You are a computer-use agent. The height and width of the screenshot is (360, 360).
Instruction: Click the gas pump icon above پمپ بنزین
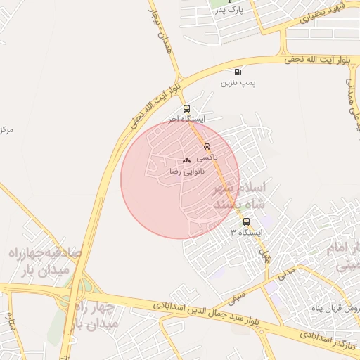tap(238, 72)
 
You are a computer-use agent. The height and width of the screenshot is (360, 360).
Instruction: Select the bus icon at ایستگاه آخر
tap(186, 108)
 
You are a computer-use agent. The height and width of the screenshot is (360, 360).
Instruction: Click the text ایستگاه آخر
tap(186, 120)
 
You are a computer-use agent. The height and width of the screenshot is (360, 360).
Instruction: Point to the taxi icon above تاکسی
tap(207, 146)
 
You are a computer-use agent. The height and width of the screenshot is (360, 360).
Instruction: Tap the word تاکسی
tap(207, 157)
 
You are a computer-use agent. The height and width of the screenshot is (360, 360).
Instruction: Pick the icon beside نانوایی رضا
tap(186, 161)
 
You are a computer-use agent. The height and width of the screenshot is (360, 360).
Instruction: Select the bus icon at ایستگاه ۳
tap(245, 221)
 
